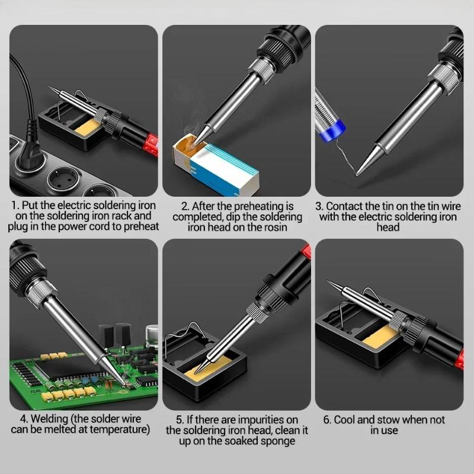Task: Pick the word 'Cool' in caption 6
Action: tap(344, 420)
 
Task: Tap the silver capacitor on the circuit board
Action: tap(152, 335)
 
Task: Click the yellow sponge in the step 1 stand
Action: tap(87, 127)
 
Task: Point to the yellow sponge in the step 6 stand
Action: tap(380, 337)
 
